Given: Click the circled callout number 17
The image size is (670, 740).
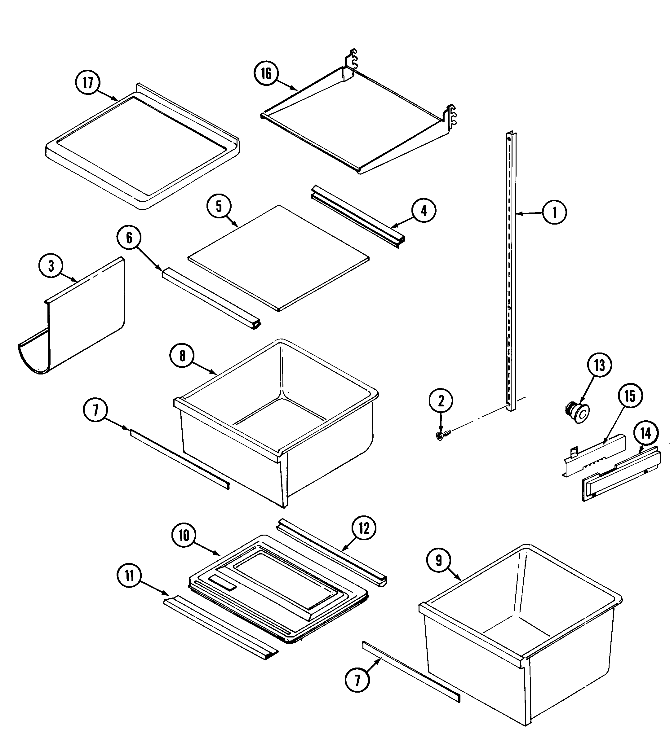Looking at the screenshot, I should coord(88,83).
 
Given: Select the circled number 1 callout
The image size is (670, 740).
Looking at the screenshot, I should coord(554,212).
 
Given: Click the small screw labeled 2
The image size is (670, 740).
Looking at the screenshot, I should coord(440,436).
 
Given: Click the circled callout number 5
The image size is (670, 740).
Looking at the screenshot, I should coord(219,206).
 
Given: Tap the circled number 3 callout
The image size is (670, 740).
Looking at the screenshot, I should coord(51,266).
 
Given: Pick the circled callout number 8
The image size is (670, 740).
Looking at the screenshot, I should coord(182,356).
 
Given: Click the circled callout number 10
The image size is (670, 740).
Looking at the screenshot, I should coord(184,536).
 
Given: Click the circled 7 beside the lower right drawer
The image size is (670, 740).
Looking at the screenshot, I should coord(357,680).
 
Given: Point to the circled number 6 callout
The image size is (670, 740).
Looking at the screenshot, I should coord(129,238).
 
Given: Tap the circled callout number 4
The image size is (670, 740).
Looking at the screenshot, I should coord(424,211).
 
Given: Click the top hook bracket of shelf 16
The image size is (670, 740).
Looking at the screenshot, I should coord(352,58).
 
